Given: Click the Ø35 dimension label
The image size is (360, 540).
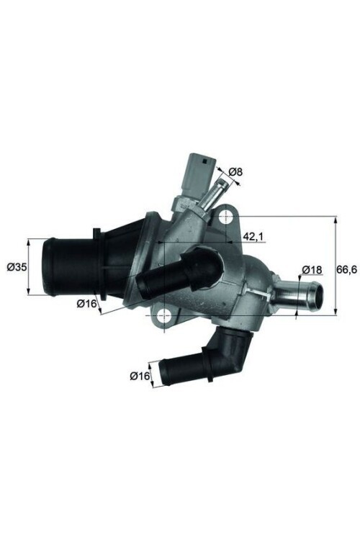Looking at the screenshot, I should [x=16, y=267].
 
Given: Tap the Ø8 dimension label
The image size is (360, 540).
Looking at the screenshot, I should [x=236, y=172].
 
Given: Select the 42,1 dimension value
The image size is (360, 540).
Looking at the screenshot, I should [x=251, y=235].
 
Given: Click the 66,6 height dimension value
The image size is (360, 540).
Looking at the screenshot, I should [x=347, y=269].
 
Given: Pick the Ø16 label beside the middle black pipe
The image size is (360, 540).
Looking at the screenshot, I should [x=86, y=303].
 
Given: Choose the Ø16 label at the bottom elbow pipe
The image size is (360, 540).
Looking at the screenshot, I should [x=140, y=375].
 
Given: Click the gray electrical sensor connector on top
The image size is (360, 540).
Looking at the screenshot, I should [x=199, y=170].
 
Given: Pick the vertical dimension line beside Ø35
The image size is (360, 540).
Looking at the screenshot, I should [x=29, y=267].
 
